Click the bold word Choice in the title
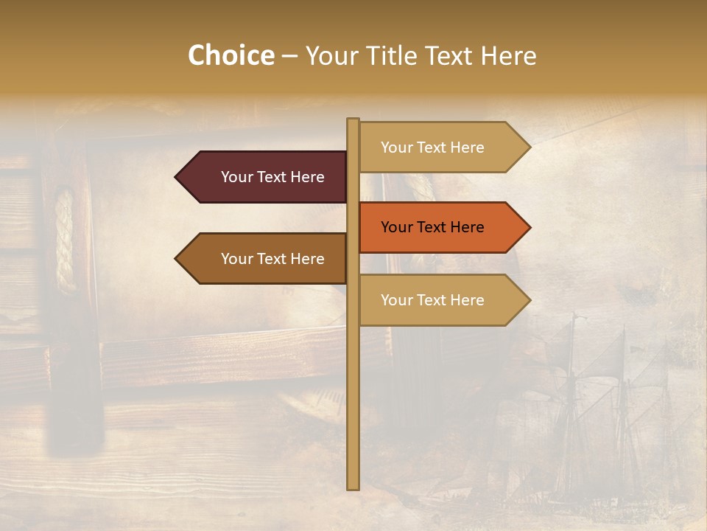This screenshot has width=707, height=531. pos(231,56)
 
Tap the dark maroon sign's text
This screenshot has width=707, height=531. pos(272,177)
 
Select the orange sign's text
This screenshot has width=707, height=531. pos(432,227)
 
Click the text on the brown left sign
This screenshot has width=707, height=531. pos(272,259)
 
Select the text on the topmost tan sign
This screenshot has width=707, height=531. pos(432,147)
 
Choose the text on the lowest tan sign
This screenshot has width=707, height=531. pos(432,300)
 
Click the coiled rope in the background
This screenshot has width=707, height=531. pos(65,240)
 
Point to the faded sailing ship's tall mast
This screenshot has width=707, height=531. pos(571,383)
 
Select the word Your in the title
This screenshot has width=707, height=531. pos(329,56)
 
